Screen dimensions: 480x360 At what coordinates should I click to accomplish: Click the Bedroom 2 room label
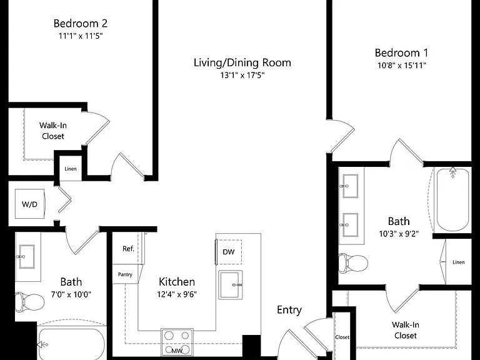coord(81,23)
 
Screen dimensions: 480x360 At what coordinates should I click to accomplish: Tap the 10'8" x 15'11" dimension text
coord(402,65)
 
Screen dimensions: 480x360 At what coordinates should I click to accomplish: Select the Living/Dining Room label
coord(242,62)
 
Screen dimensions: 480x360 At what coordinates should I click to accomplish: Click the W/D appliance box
coord(30,204)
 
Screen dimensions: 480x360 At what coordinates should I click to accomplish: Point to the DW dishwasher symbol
coord(229,252)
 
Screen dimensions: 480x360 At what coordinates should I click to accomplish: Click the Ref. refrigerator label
coord(128,249)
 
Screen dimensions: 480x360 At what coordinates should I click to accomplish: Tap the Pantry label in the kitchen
coord(125,274)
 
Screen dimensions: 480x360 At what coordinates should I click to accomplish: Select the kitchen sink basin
coord(231,285)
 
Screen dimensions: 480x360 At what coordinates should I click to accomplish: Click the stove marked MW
coord(177,342)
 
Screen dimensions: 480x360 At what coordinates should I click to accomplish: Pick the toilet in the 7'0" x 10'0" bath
coord(29,302)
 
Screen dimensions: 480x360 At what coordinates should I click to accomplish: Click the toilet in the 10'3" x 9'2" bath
coord(353,262)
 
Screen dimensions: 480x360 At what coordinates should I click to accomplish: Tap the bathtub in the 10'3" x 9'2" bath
coord(452,199)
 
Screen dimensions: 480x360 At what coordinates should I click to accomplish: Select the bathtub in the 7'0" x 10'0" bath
coord(72,344)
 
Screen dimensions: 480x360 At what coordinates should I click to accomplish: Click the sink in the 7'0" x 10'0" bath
coord(27,256)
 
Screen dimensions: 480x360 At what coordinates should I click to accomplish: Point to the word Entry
coord(289,310)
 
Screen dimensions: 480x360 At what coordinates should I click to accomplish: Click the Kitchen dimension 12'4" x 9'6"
coord(177,294)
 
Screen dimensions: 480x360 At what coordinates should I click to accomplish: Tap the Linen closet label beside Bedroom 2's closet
coord(71,169)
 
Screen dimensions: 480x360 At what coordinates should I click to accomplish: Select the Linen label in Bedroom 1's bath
coord(459,262)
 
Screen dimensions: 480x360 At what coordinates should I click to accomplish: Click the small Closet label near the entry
coord(342,337)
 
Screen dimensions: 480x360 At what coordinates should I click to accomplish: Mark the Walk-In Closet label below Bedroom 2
coord(53,131)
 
